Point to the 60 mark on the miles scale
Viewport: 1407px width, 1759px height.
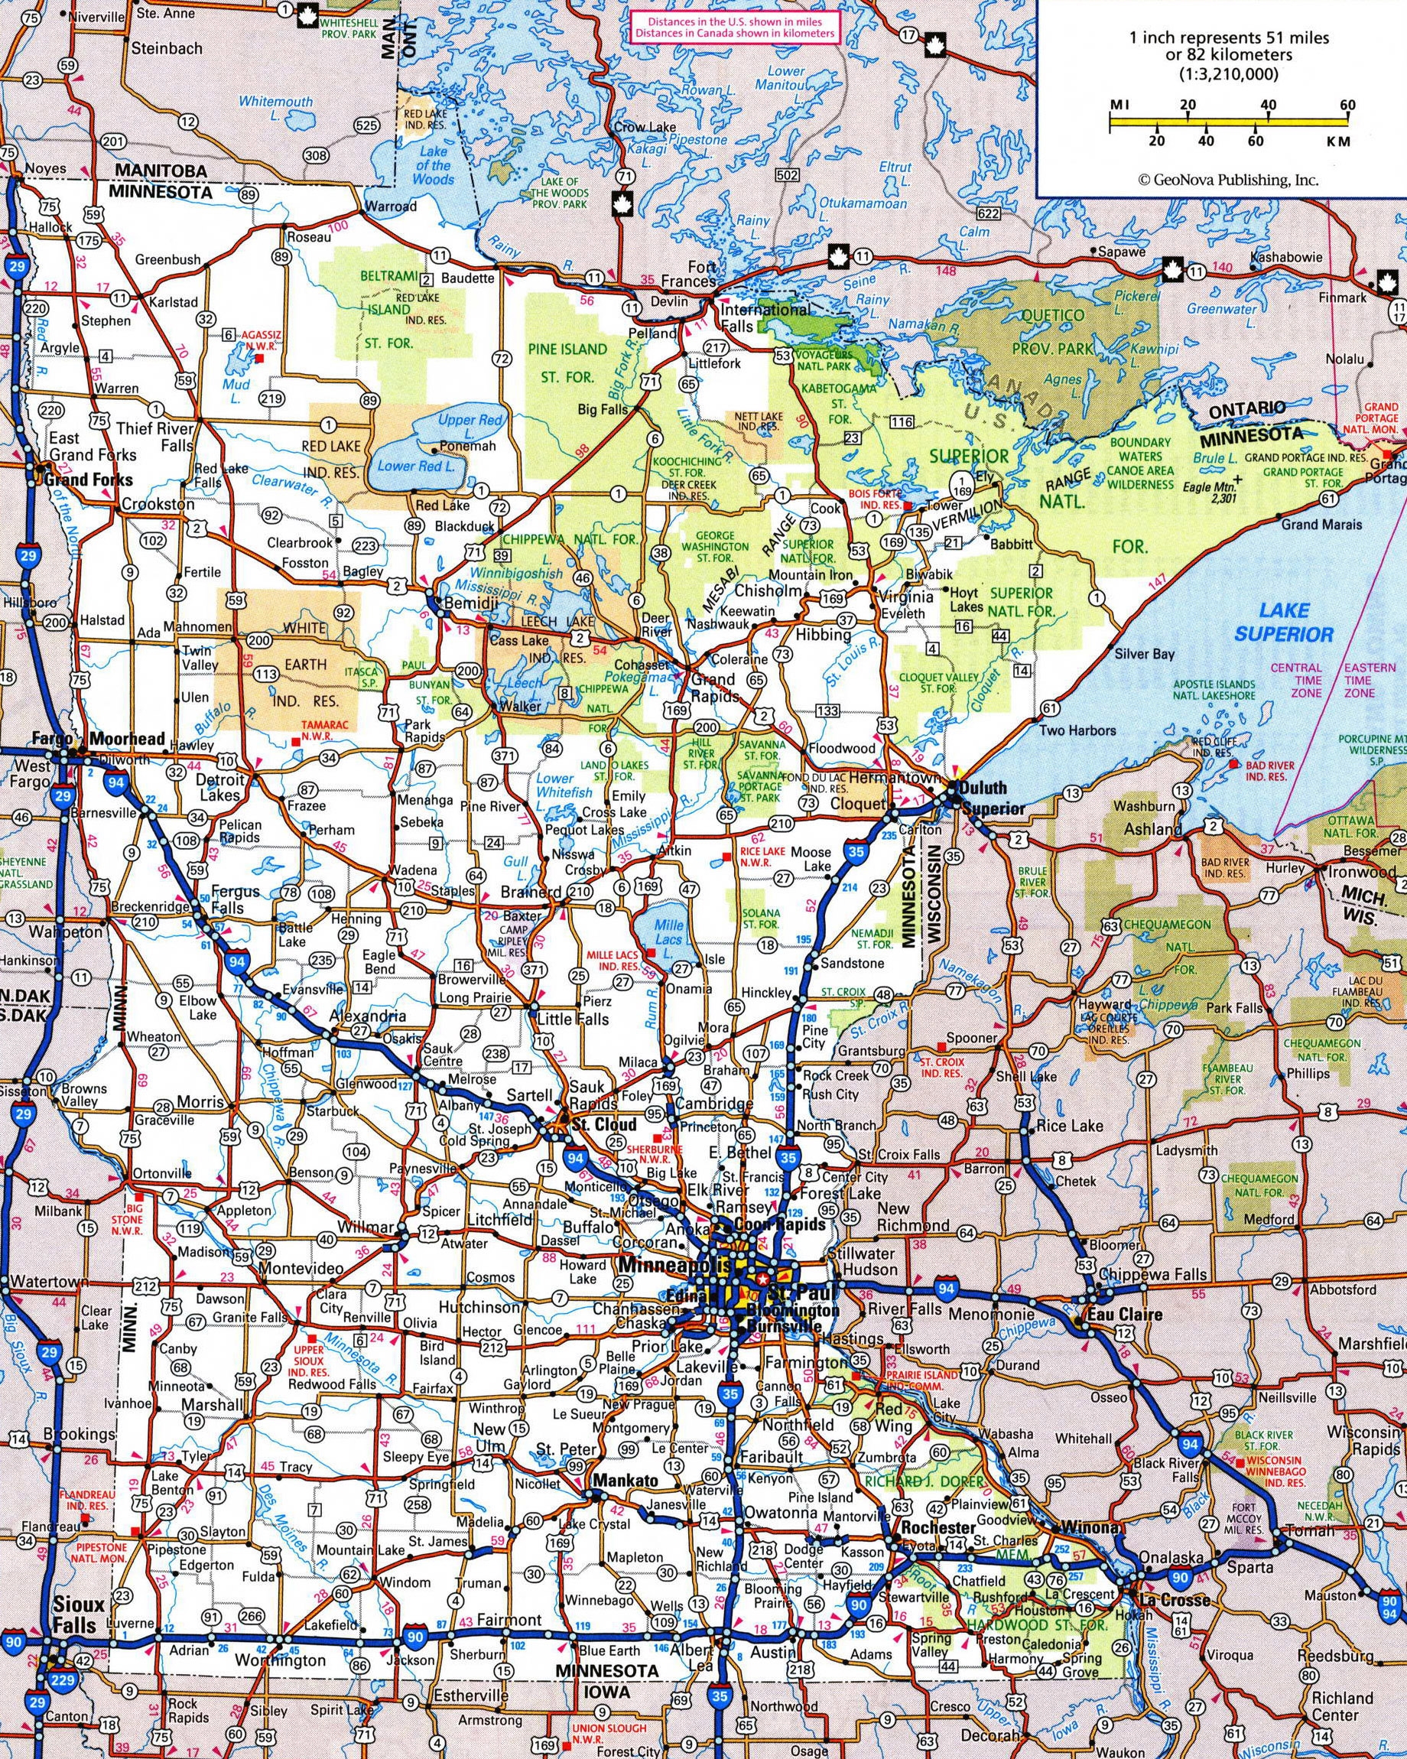click(x=1347, y=106)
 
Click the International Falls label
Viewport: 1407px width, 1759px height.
click(x=763, y=318)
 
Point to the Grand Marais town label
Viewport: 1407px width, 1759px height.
click(x=1321, y=524)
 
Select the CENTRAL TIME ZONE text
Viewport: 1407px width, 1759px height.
click(x=1296, y=680)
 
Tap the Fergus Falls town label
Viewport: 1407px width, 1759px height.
click(x=235, y=899)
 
